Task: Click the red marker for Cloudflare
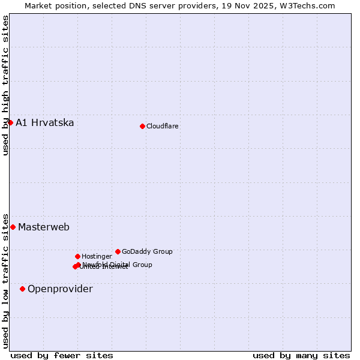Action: click(142, 126)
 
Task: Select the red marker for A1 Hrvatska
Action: click(10, 122)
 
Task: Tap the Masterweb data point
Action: click(13, 227)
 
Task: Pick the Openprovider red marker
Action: click(22, 289)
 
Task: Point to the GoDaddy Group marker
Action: click(118, 251)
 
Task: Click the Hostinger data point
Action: click(77, 256)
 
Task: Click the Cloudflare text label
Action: click(163, 126)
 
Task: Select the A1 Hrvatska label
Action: click(45, 123)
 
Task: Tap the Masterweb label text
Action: click(44, 227)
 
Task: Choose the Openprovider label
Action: click(60, 289)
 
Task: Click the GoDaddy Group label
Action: click(147, 252)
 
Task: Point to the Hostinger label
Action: click(97, 257)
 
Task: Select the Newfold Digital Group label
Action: click(118, 265)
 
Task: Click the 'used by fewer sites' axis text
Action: click(62, 355)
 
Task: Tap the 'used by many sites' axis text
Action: click(301, 355)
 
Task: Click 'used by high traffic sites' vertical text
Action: click(5, 85)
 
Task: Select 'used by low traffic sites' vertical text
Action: click(5, 280)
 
